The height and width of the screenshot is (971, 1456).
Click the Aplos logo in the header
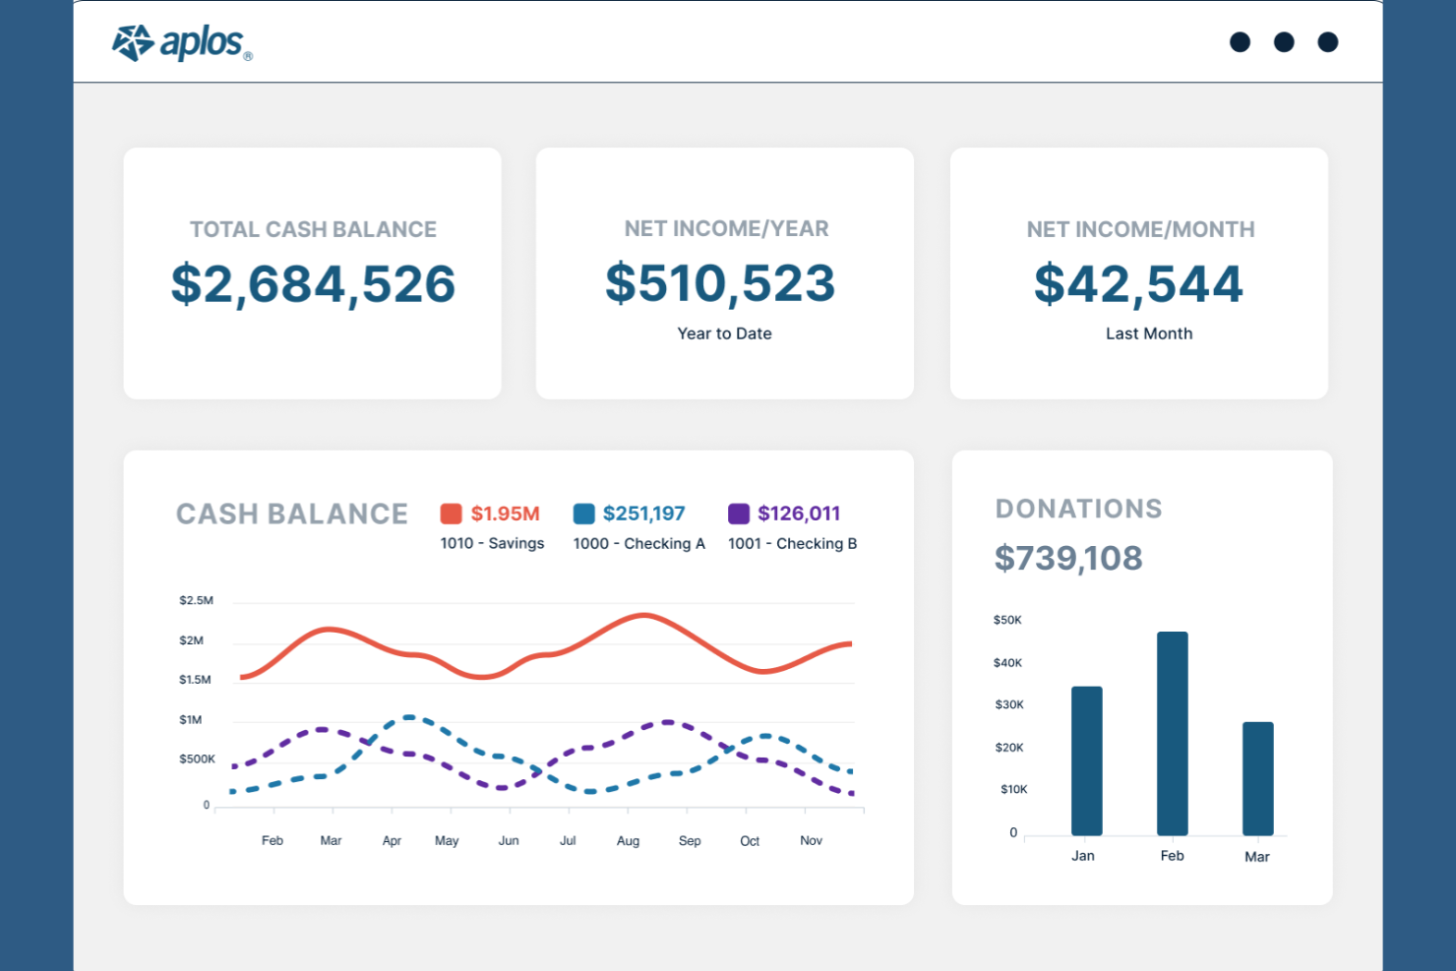tap(181, 43)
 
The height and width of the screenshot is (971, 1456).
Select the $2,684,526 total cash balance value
tap(313, 284)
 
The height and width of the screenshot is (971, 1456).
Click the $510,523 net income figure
tap(720, 283)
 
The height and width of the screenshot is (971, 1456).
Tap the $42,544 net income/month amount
tap(1138, 284)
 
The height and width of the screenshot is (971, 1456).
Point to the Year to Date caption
tap(724, 334)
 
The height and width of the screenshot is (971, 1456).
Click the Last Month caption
tap(1148, 334)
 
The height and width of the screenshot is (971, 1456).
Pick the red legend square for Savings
tap(451, 514)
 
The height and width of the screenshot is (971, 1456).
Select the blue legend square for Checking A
tap(583, 514)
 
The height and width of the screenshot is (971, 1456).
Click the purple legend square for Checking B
tap(738, 514)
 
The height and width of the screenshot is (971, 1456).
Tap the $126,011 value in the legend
tap(799, 514)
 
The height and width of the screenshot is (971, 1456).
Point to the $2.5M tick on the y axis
tap(196, 600)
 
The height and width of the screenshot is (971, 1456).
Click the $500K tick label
tap(197, 759)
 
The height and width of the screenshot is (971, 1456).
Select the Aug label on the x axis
tap(628, 840)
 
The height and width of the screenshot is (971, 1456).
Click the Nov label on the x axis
tap(811, 840)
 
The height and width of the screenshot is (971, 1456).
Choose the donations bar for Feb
tap(1172, 733)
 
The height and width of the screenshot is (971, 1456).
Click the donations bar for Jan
tap(1086, 760)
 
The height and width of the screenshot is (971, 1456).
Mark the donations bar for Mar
tap(1257, 778)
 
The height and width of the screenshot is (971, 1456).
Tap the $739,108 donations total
tap(1068, 558)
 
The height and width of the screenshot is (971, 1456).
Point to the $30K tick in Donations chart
tap(1008, 704)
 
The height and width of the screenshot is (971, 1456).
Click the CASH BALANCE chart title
tap(291, 514)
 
